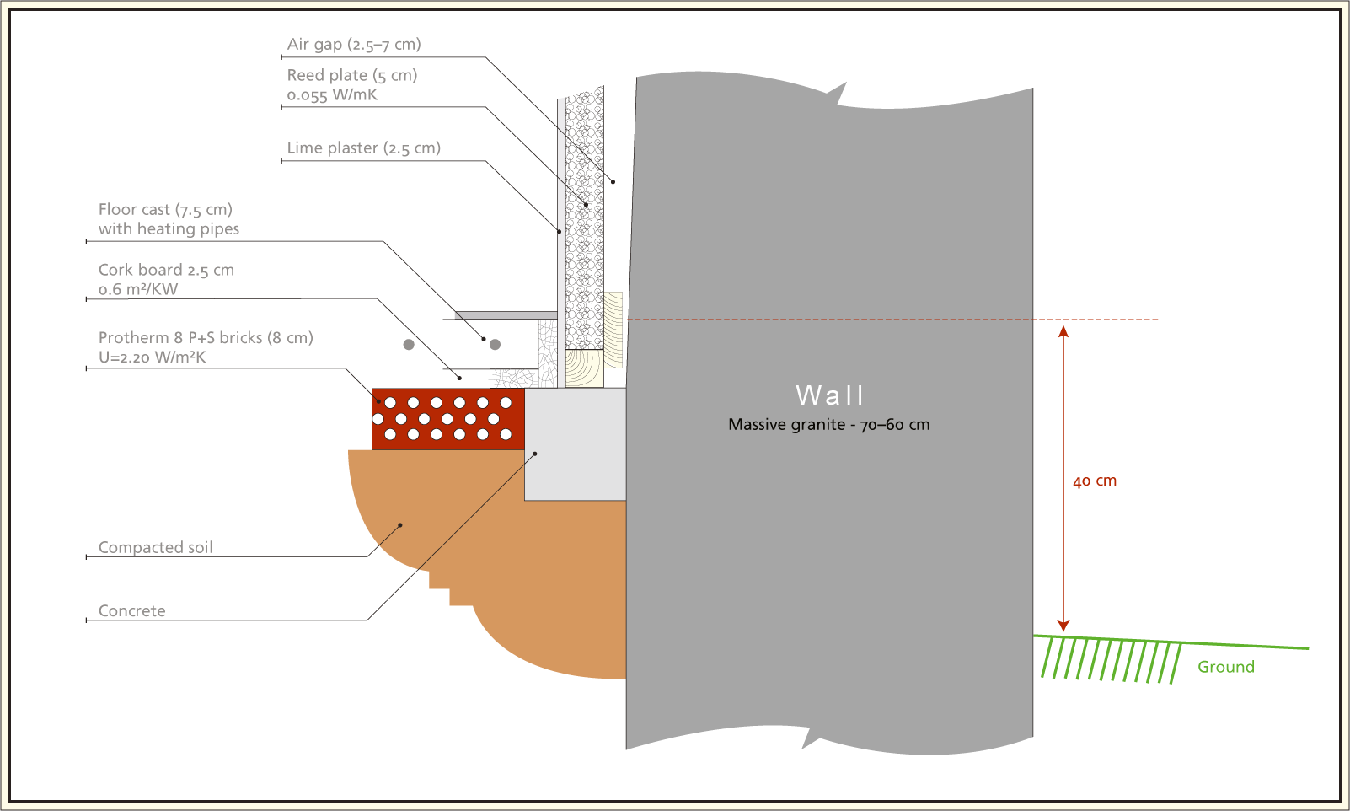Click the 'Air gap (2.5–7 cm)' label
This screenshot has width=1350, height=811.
coord(354,45)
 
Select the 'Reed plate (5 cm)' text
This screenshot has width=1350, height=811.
coord(352,75)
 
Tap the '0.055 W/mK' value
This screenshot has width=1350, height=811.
coord(332,95)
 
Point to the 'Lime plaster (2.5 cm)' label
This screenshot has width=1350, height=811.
coord(364,148)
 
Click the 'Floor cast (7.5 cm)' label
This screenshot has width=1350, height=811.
coord(165,209)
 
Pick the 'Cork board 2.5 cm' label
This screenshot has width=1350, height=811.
coord(166,270)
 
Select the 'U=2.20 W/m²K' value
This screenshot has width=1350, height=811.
coord(152,357)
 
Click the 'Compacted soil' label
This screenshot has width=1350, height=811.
coord(156,547)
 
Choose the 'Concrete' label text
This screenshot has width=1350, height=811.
coord(132,611)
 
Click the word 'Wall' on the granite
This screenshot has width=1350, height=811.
coord(830,395)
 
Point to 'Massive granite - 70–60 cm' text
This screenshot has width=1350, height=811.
coord(829,424)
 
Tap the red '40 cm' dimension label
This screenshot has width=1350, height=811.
coord(1095,481)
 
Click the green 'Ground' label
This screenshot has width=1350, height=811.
coord(1226,667)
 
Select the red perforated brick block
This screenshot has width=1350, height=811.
coord(447,419)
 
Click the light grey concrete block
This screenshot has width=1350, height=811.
coord(575,445)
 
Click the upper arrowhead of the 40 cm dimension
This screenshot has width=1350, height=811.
coord(1063,331)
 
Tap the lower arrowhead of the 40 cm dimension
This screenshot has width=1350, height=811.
coord(1063,626)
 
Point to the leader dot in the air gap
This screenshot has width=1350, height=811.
coord(613,182)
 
